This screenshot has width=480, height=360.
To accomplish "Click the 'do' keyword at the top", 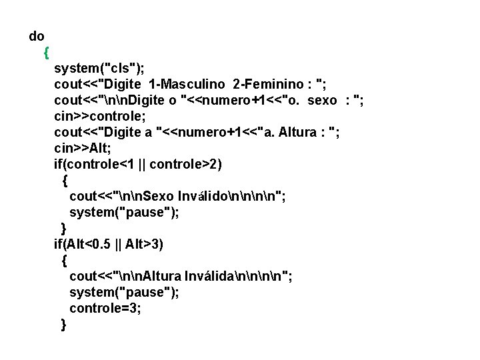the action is click(x=37, y=36).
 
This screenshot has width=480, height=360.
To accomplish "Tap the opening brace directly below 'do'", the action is click(x=45, y=51).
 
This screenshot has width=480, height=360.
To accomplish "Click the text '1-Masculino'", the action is click(x=188, y=84).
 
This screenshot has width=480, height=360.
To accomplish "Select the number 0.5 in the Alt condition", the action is click(x=103, y=244).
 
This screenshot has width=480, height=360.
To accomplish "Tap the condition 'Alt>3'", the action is click(x=143, y=244).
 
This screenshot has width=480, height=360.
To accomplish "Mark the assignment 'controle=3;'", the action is click(x=105, y=308).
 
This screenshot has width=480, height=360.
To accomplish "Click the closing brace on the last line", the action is click(x=63, y=325).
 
